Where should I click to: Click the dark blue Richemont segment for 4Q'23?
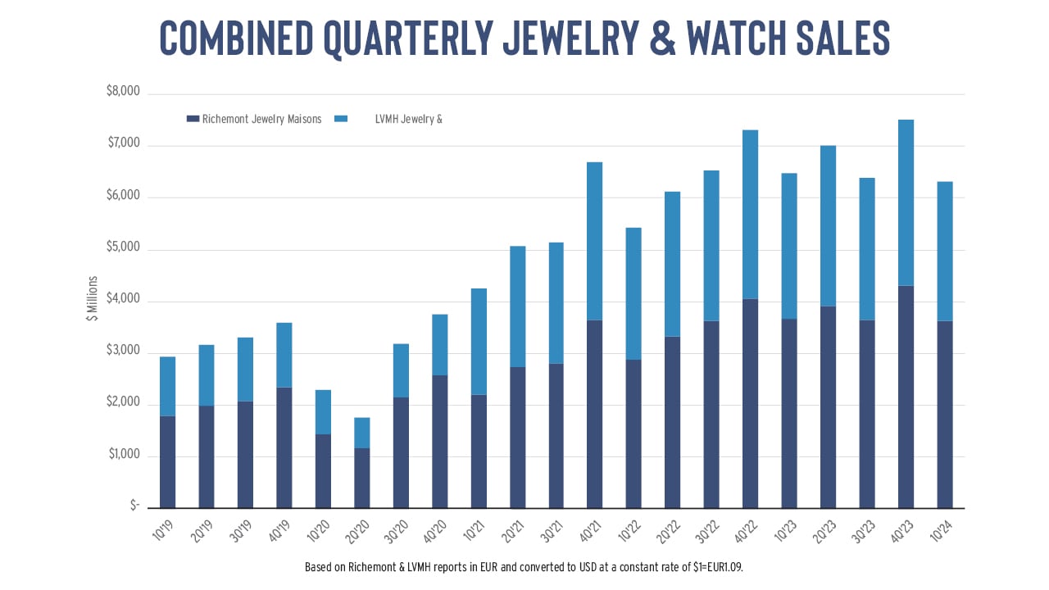coord(906,397)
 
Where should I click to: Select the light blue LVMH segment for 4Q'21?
coord(594,241)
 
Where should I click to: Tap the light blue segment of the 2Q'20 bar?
coord(361,433)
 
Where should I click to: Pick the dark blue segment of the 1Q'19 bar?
coord(168,462)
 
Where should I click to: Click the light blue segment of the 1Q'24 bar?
coord(945,252)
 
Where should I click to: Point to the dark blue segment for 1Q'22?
coord(633,434)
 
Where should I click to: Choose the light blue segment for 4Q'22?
coord(750,215)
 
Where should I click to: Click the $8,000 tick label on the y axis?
coord(123,91)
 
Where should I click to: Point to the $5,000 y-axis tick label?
coord(123,247)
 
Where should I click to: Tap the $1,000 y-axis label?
coord(124,454)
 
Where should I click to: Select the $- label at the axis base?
coord(135,506)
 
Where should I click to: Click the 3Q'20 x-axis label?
coord(396,532)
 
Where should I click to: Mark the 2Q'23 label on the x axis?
coord(824,532)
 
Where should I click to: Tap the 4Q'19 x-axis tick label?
coord(279,532)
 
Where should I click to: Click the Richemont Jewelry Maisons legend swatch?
coord(193,119)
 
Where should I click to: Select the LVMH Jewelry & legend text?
coord(408,119)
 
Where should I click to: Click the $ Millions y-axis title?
coord(93,298)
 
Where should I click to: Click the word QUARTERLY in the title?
coord(408,39)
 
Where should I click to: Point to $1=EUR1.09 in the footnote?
coord(717,567)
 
